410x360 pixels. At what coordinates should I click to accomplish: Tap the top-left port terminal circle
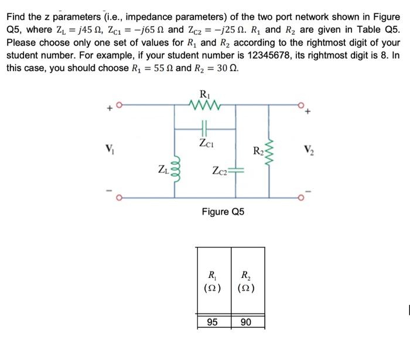pyautogui.click(x=118, y=106)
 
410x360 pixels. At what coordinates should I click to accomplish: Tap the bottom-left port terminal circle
pyautogui.click(x=118, y=198)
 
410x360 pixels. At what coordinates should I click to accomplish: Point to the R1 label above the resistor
pyautogui.click(x=204, y=93)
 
